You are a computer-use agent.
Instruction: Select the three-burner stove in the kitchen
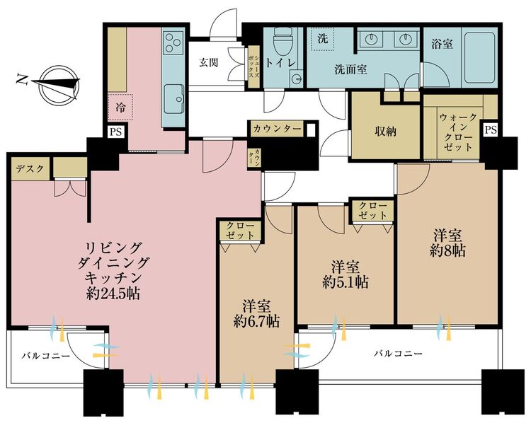point(173,43)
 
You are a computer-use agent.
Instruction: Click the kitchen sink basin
point(173,99)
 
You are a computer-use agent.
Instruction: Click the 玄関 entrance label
point(208,63)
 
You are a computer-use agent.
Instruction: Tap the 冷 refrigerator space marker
point(120,108)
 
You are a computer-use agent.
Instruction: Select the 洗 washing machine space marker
point(322,39)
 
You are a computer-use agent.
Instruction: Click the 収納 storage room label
point(385,132)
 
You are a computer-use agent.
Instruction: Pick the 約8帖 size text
point(447,250)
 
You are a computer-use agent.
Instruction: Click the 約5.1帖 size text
point(346,282)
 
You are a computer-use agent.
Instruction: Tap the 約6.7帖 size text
point(256,321)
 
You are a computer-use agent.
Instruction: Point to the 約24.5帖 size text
point(113,293)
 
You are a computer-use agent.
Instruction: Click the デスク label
point(30,168)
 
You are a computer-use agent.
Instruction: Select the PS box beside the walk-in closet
point(491,130)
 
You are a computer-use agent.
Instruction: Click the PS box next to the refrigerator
point(115,132)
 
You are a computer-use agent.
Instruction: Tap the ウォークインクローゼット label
point(458,132)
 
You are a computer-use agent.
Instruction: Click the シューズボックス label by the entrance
point(253,67)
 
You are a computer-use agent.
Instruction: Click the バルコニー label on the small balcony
point(46,356)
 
